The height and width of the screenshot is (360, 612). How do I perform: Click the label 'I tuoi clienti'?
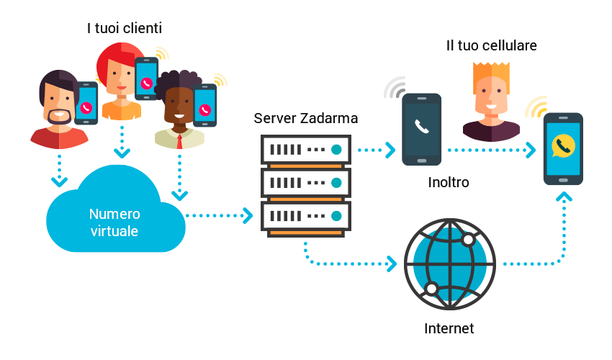(x=124, y=29)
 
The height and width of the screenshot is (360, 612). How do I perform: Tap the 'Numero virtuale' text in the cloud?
(x=114, y=222)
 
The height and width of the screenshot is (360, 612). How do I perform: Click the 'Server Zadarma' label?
(x=306, y=117)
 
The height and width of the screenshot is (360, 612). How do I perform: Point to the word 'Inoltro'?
(x=449, y=183)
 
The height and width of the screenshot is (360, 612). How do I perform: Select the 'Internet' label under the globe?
(x=449, y=329)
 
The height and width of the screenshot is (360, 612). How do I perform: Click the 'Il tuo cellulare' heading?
(x=492, y=46)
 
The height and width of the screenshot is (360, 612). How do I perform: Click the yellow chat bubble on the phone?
(x=562, y=146)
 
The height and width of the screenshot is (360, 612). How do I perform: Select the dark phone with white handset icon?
(x=421, y=130)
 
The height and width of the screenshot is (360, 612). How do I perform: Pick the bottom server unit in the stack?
(x=305, y=216)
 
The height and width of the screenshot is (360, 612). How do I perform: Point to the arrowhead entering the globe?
(x=392, y=264)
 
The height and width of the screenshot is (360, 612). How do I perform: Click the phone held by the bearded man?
(x=86, y=104)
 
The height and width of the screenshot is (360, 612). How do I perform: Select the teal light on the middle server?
(x=336, y=183)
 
